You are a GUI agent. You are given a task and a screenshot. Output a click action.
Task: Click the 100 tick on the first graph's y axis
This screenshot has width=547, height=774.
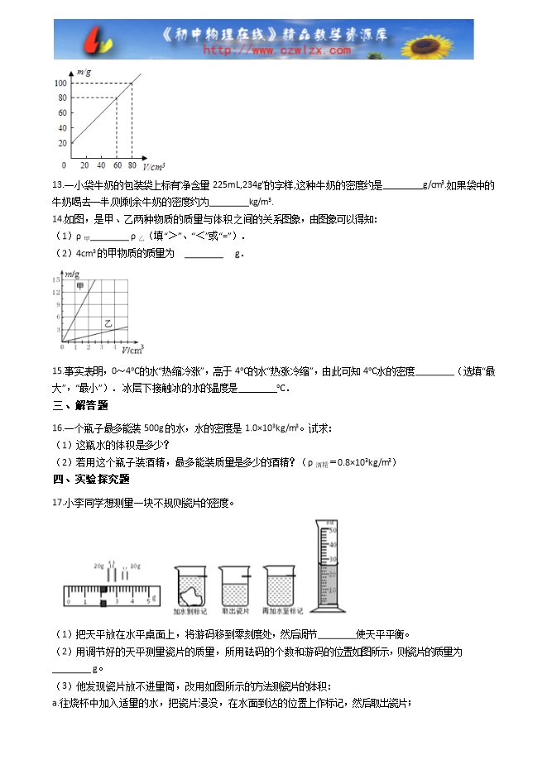coord(62,83)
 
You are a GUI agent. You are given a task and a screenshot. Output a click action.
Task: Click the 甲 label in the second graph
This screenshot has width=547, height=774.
coord(80,285)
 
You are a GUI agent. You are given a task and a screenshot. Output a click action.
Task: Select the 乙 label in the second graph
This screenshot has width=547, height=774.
coord(108,322)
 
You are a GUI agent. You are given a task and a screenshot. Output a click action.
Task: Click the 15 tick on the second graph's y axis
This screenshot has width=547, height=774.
coord(57,280)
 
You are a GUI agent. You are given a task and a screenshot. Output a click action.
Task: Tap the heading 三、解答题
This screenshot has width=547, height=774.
coord(79,405)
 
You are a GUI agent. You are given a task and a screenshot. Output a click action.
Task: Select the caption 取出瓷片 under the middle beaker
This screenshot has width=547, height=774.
coord(234,612)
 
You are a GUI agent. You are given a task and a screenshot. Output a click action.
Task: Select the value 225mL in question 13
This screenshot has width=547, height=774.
coord(228,185)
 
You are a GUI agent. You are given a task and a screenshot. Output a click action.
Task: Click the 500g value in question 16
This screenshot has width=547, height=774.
coord(156,428)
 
